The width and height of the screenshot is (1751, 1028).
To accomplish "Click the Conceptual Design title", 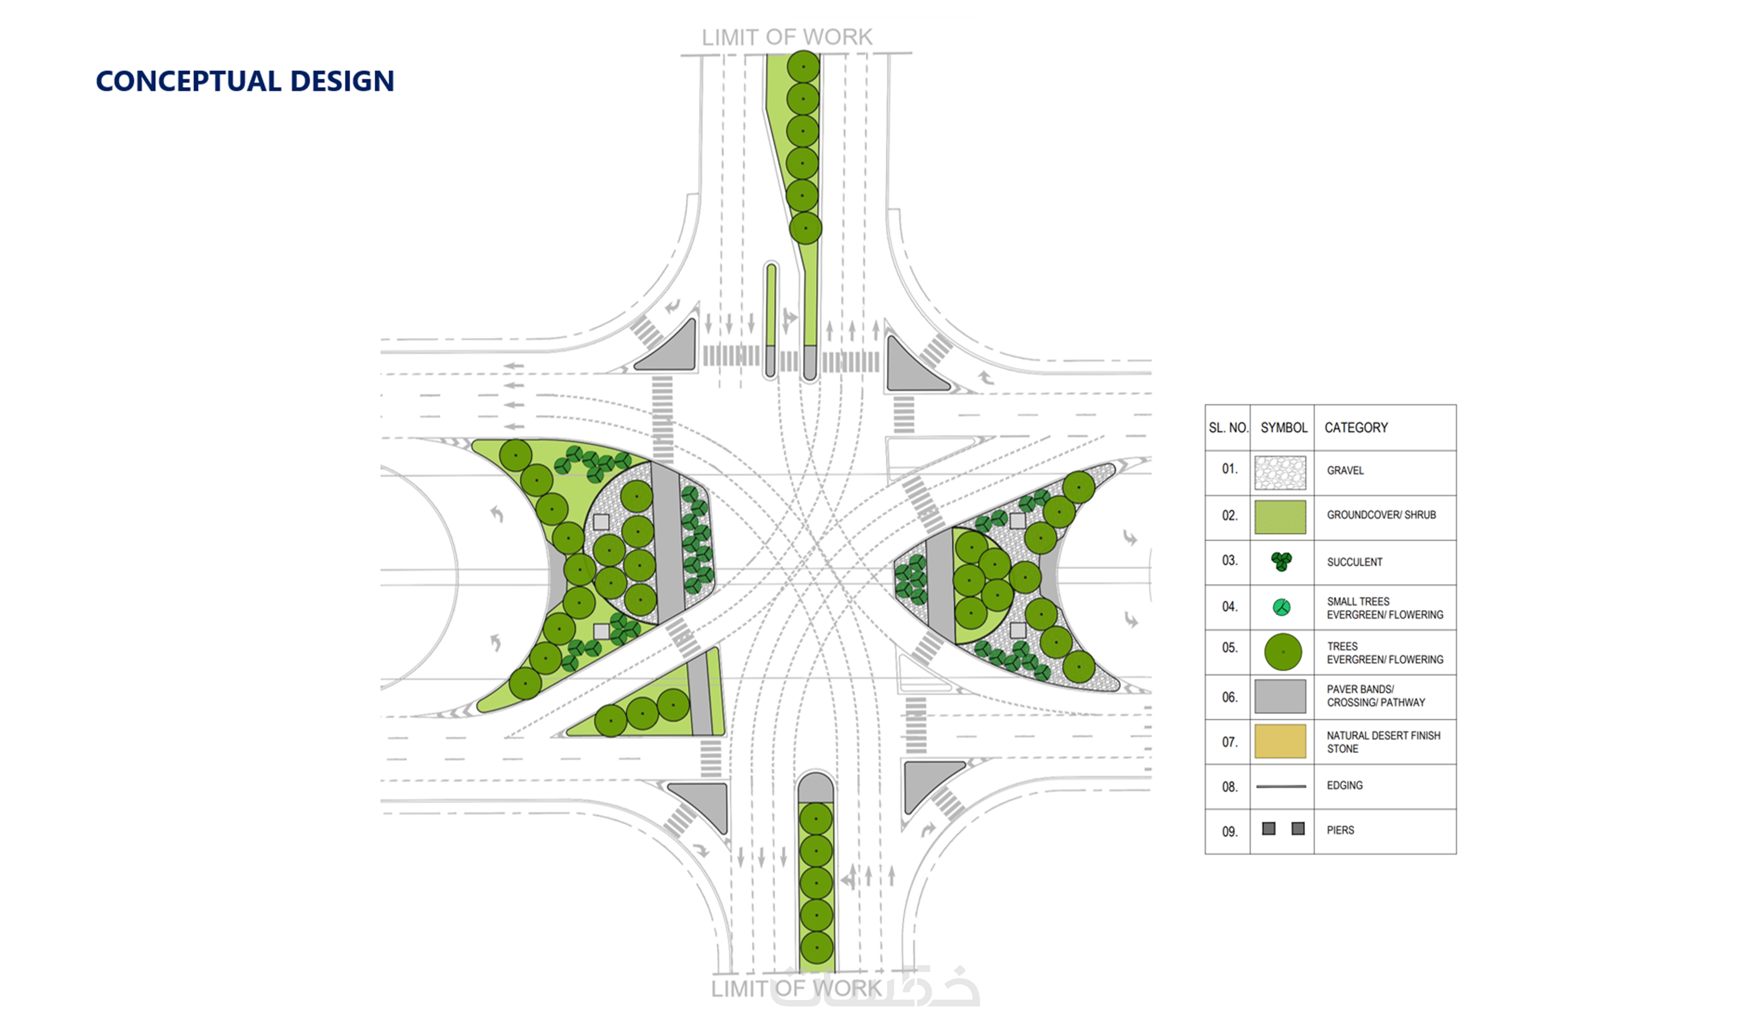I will [x=245, y=81].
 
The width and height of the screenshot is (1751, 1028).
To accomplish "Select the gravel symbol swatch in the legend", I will [x=1280, y=472].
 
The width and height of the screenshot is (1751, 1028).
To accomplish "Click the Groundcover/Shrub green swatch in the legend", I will [x=1280, y=517].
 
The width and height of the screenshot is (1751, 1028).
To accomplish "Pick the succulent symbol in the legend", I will [x=1281, y=561].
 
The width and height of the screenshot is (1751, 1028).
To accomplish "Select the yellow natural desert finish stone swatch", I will [x=1280, y=741].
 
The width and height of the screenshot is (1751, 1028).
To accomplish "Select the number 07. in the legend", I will [x=1229, y=742].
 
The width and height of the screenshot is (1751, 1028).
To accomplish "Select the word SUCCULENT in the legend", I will [x=1354, y=562].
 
